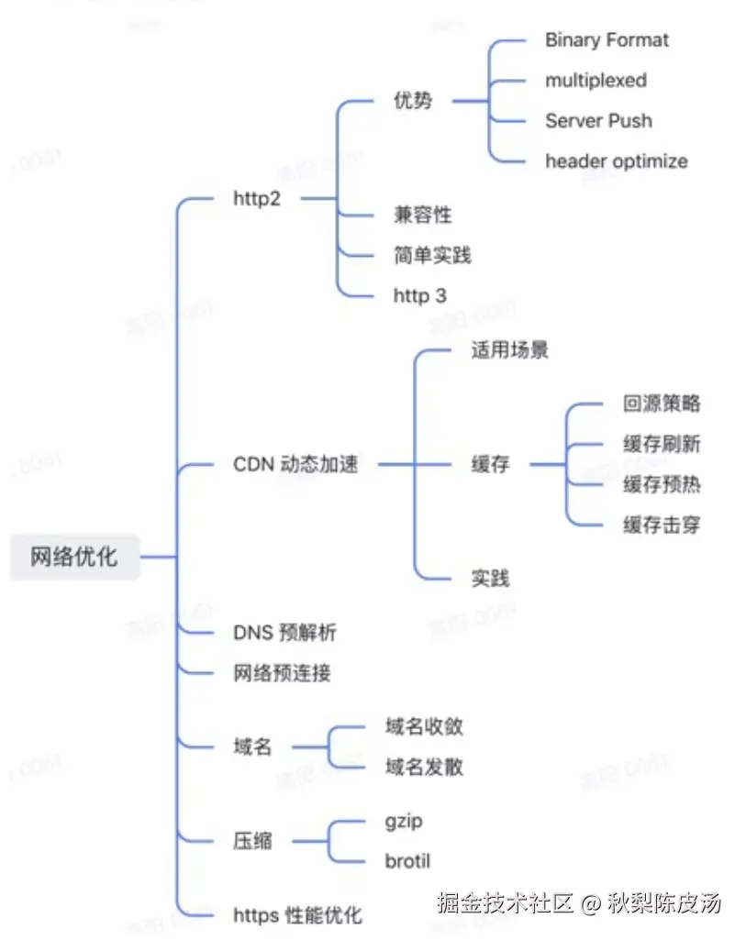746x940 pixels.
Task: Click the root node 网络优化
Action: pyautogui.click(x=74, y=557)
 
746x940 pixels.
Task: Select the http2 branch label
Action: pyautogui.click(x=257, y=198)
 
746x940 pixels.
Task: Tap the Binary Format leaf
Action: pyautogui.click(x=607, y=40)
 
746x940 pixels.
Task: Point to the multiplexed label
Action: pyautogui.click(x=596, y=81)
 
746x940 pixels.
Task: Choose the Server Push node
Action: pyautogui.click(x=598, y=121)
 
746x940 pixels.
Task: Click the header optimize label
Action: pyautogui.click(x=616, y=161)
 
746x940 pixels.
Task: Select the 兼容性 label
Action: pyautogui.click(x=422, y=215)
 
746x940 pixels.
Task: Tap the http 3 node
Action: pyautogui.click(x=419, y=295)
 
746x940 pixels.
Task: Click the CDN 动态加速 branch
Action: pyautogui.click(x=295, y=465)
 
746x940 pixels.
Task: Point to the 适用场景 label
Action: pyautogui.click(x=509, y=350)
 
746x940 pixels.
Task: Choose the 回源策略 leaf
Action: pyautogui.click(x=662, y=404)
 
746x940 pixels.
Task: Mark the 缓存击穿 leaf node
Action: pyautogui.click(x=662, y=525)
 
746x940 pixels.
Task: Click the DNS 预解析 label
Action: pyautogui.click(x=285, y=633)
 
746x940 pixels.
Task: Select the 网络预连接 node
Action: pyautogui.click(x=282, y=673)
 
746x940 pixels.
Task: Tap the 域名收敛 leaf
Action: pyautogui.click(x=424, y=727)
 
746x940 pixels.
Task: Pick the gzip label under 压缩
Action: pyautogui.click(x=404, y=821)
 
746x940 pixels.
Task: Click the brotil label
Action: pyautogui.click(x=407, y=861)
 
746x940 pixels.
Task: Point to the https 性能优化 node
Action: pyautogui.click(x=297, y=914)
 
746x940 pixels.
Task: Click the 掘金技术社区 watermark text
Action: pyautogui.click(x=505, y=903)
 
